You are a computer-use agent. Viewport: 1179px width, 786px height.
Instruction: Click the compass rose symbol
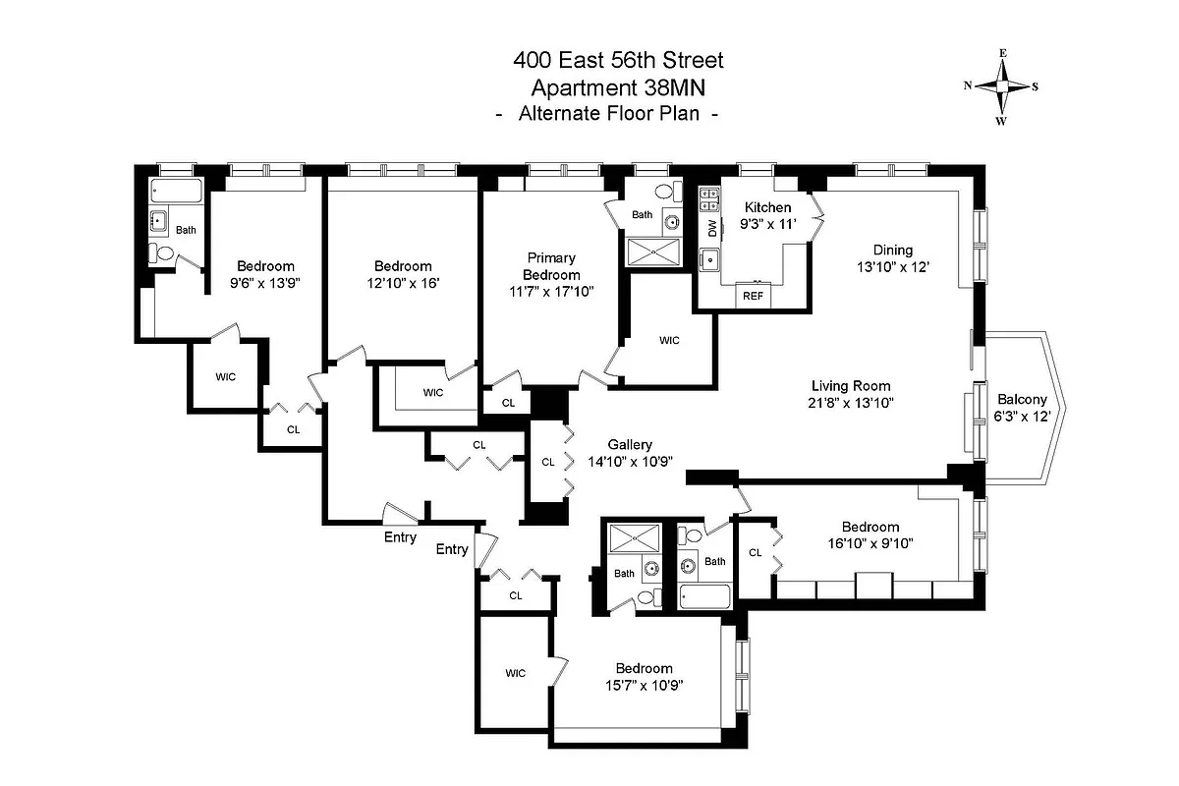[x=1001, y=85]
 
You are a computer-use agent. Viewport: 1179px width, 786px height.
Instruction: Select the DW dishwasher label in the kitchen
[x=712, y=228]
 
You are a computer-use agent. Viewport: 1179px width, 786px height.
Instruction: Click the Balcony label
[x=1022, y=400]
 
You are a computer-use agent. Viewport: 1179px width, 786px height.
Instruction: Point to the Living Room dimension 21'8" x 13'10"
[x=852, y=402]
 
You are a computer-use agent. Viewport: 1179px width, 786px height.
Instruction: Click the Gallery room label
[x=630, y=445]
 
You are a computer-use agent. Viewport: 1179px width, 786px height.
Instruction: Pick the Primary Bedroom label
[x=551, y=266]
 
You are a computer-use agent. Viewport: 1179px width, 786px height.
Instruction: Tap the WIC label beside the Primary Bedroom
[x=669, y=341]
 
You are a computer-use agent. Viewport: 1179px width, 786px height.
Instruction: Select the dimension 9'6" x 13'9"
[x=265, y=282]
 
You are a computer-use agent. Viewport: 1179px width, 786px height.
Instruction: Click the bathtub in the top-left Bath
[x=177, y=191]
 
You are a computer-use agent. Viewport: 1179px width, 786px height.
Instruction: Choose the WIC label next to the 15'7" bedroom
[x=516, y=673]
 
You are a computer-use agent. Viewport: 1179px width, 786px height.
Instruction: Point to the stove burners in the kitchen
[x=707, y=200]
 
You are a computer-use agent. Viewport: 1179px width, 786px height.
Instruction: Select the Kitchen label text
[x=767, y=207]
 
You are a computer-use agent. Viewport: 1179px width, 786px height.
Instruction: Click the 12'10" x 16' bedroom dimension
[x=403, y=282]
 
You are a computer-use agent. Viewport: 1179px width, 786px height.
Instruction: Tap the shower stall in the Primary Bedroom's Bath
[x=650, y=253]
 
